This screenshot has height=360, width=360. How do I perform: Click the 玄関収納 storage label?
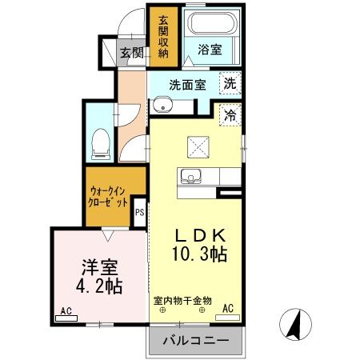pyautogui.click(x=163, y=36)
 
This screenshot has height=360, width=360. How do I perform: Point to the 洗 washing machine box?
pyautogui.click(x=230, y=82)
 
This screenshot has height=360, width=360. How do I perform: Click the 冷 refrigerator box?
pyautogui.click(x=230, y=114)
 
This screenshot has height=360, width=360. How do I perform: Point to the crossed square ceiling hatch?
pyautogui.click(x=197, y=146)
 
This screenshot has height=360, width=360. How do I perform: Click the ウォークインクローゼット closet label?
pyautogui.click(x=108, y=197)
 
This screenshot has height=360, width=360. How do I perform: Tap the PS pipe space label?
pyautogui.click(x=139, y=212)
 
